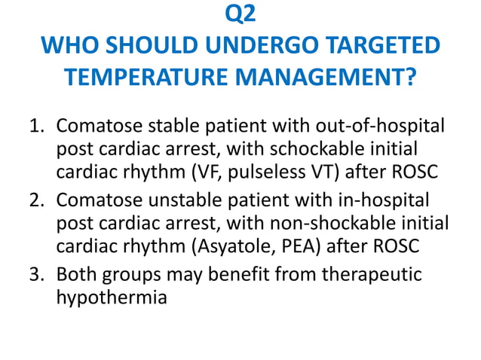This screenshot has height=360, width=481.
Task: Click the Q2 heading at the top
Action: pos(240,16)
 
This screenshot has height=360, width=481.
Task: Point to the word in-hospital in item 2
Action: pos(385,201)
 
